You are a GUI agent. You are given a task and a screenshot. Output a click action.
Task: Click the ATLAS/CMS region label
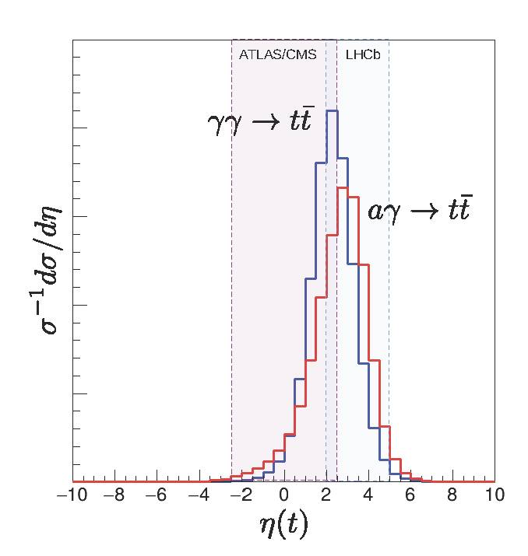tap(273, 56)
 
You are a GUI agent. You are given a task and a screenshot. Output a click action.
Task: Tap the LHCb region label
tap(362, 56)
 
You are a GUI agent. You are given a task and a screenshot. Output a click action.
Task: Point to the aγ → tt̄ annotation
tap(419, 209)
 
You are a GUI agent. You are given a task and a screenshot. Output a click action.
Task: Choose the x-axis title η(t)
tap(283, 526)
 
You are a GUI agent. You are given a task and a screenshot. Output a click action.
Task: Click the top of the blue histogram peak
tap(332, 111)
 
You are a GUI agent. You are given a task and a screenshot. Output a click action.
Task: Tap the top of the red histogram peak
tap(342, 188)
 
